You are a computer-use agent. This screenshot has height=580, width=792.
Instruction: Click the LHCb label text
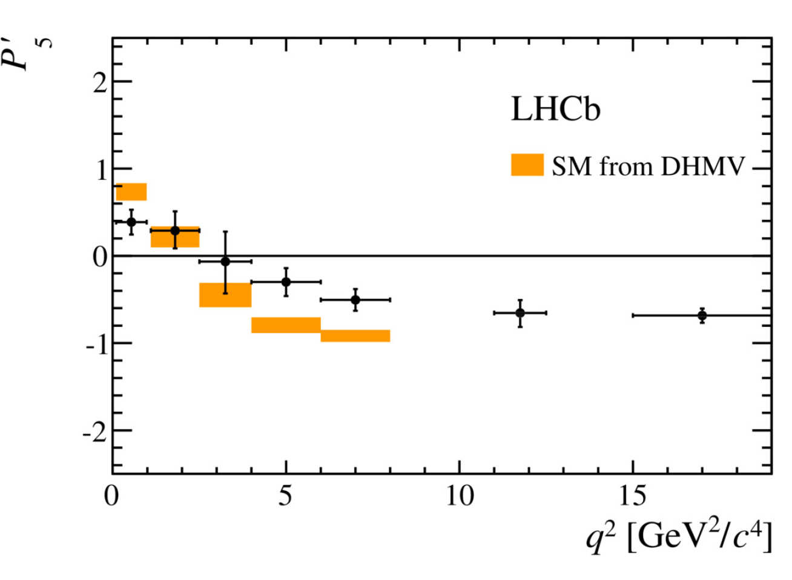tap(555, 110)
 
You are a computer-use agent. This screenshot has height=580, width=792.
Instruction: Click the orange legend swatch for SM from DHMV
tap(527, 165)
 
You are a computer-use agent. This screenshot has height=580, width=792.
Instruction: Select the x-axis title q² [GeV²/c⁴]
tap(679, 538)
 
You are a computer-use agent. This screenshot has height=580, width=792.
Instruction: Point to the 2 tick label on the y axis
tap(99, 82)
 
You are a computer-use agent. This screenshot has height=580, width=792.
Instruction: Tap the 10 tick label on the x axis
tap(459, 496)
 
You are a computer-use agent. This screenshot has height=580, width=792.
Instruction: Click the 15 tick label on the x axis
tap(632, 496)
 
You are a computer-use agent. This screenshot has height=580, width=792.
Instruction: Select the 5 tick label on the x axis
tap(285, 496)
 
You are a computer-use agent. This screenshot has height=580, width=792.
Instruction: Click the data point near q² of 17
tap(702, 315)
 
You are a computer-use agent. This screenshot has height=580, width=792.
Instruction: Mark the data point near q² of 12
tap(520, 312)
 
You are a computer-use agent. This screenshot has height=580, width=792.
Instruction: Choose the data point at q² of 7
tap(355, 300)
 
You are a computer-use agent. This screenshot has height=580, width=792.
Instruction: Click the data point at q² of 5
tap(286, 282)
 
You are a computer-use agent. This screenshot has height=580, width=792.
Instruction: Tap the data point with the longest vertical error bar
tap(225, 262)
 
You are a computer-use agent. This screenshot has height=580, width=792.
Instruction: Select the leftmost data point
tap(131, 222)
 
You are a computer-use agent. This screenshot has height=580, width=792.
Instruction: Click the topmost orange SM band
tap(131, 192)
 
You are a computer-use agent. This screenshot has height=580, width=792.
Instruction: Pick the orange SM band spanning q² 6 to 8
tap(355, 336)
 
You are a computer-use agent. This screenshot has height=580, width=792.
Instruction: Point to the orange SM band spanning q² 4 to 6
tap(286, 325)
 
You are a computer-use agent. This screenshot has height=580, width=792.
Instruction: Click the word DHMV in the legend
tap(702, 165)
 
